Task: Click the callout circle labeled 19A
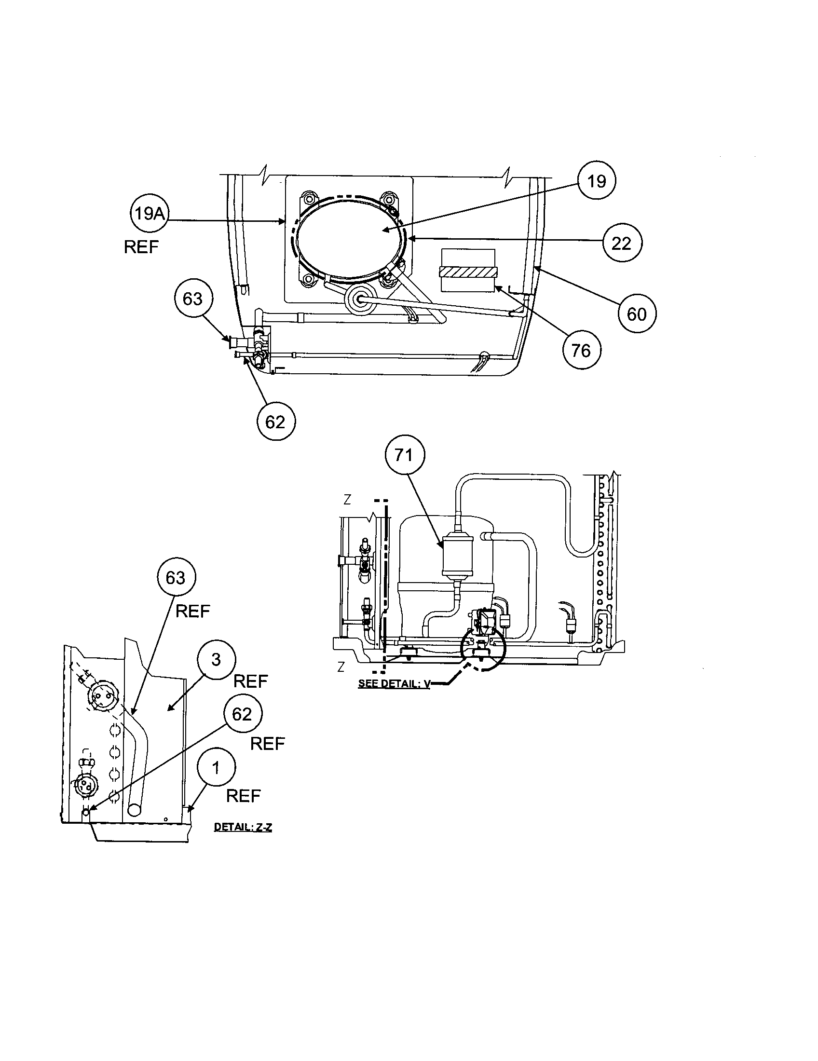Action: pos(150,214)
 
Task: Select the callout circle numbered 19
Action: pos(597,181)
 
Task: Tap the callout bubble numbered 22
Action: pos(622,243)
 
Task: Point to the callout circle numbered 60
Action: pos(637,314)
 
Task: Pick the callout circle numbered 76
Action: pos(582,350)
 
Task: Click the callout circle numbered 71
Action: pos(405,455)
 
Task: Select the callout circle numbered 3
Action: pos(216,660)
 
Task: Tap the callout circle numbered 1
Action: pos(216,768)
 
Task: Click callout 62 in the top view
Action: pos(275,421)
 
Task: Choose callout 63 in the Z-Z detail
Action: pos(176,578)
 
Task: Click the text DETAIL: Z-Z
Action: pos(243,827)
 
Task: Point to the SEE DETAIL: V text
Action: pos(394,683)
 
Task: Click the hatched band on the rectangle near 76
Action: pos(468,272)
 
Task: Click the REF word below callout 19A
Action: pos(141,247)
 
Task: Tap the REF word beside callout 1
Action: pos(244,796)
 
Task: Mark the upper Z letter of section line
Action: pos(347,500)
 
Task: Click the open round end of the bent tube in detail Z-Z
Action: pos(134,809)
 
